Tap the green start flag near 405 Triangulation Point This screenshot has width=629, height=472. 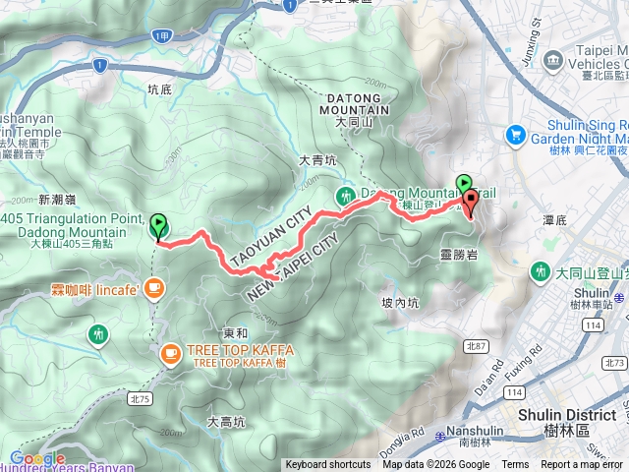click(x=158, y=226)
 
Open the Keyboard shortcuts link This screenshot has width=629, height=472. click(x=328, y=465)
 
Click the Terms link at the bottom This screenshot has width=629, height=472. click(x=515, y=465)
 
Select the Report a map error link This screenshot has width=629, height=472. click(x=583, y=465)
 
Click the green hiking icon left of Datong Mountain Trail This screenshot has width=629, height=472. click(x=345, y=196)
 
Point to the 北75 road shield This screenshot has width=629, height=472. click(x=140, y=371)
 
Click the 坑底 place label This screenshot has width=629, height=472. click(x=158, y=88)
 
